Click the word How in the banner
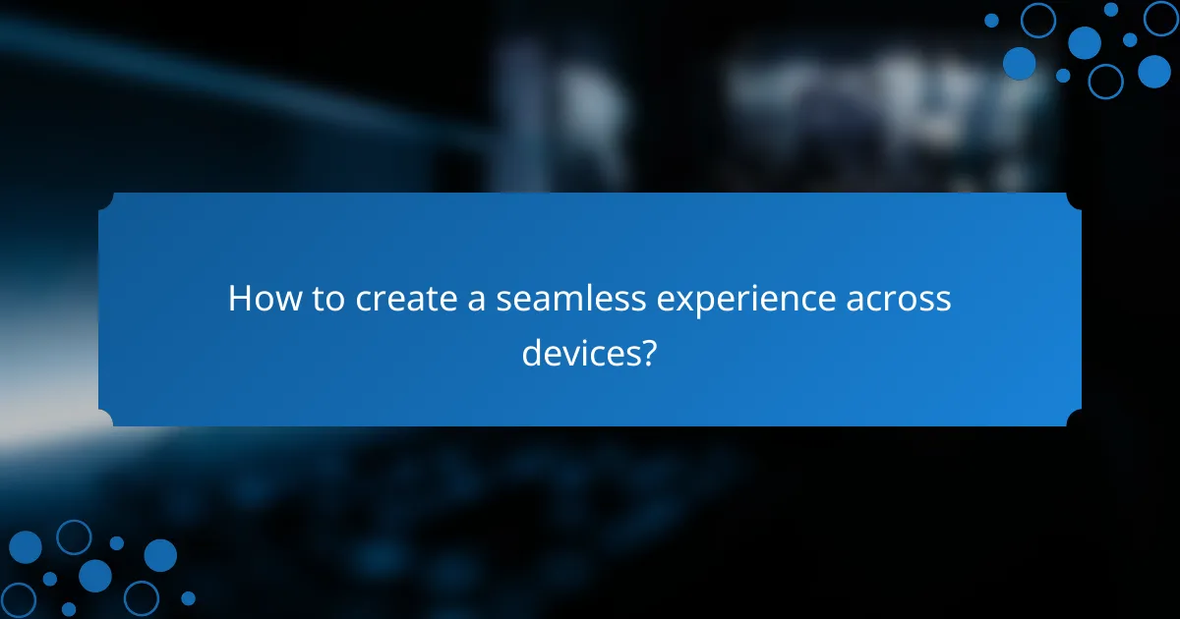[x=258, y=299]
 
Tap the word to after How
[x=322, y=299]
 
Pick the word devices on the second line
[x=579, y=351]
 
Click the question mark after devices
[x=648, y=351]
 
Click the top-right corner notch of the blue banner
[x=1075, y=198]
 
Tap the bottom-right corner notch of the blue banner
[x=1075, y=420]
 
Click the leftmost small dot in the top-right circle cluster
[x=991, y=21]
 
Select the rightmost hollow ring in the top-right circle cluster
[x=1161, y=18]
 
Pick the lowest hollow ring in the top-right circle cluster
[x=1105, y=81]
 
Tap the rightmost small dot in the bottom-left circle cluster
[x=188, y=597]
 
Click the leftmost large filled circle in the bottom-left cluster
[x=25, y=547]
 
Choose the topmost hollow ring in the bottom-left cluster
[x=74, y=536]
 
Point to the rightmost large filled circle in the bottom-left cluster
[x=160, y=555]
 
